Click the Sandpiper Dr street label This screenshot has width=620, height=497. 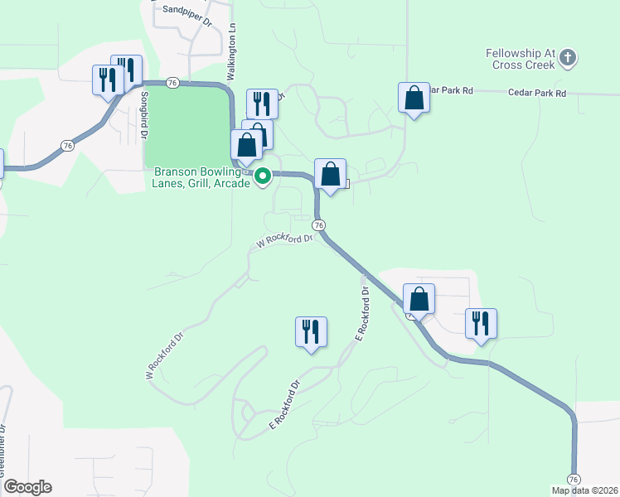point(188,9)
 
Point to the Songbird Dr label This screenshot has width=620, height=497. point(144,113)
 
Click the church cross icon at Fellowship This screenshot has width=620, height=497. point(567,57)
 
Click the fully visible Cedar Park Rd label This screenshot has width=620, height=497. point(537,94)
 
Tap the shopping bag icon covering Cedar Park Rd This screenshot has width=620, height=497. point(414,99)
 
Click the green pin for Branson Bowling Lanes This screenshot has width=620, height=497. point(263,176)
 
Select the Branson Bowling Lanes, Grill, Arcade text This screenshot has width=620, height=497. point(201,177)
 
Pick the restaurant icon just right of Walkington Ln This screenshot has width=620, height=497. point(262,104)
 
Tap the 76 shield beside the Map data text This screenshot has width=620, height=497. point(573,480)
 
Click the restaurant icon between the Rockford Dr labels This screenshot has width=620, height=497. point(311,331)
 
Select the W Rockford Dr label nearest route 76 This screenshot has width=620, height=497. point(283,240)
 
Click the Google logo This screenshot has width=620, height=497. point(27,487)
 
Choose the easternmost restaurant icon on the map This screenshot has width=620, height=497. point(481,323)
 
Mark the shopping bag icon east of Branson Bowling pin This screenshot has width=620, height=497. point(330,175)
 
